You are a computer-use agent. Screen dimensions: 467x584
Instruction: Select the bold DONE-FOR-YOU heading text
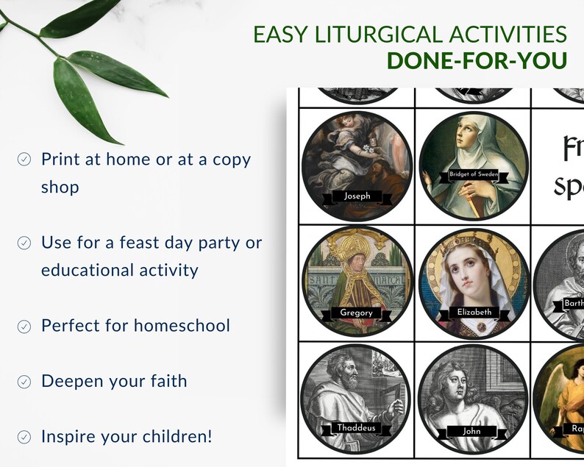click(477, 61)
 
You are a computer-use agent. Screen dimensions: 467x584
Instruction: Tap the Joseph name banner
click(357, 196)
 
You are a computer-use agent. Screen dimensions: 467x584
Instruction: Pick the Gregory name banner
click(356, 312)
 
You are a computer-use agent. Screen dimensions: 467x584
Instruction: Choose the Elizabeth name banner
click(474, 312)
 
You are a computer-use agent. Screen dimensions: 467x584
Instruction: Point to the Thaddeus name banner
click(357, 428)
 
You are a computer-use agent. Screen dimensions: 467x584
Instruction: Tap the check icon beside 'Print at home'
click(24, 159)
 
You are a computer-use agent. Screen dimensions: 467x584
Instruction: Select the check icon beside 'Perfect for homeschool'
click(24, 326)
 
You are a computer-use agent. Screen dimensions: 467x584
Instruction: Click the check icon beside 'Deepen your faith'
click(24, 381)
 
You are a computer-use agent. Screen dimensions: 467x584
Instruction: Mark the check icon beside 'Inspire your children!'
click(24, 436)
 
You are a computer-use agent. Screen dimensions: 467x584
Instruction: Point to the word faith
click(165, 381)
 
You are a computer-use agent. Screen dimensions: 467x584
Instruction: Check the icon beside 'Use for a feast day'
click(24, 242)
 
